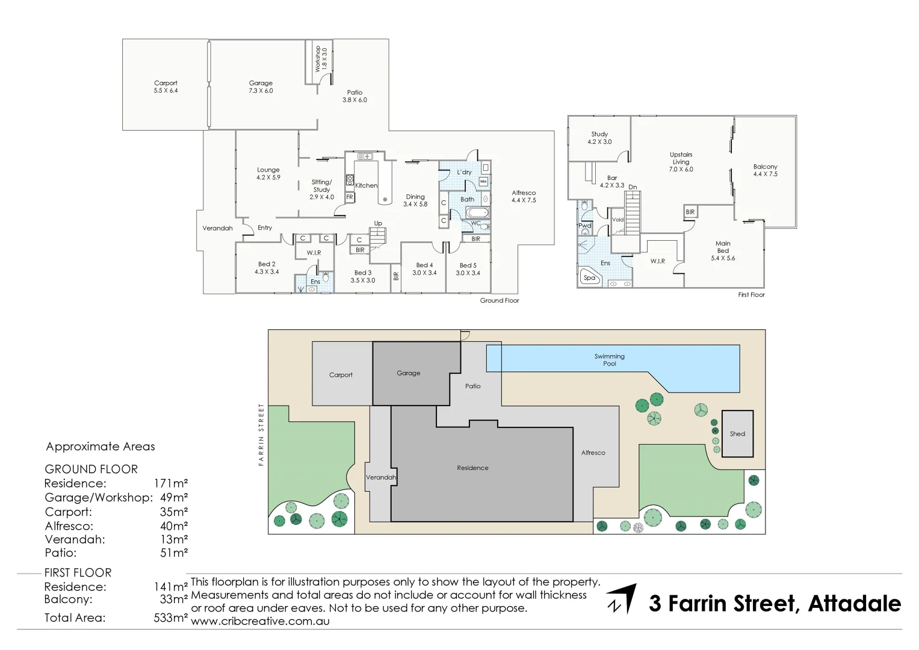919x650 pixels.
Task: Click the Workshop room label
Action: (318, 59)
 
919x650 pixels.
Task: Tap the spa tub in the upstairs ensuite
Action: (590, 277)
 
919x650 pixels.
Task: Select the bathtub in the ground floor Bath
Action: (477, 212)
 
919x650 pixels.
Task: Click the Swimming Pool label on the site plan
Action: (609, 360)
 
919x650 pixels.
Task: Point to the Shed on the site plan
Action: (737, 434)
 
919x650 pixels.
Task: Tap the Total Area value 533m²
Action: (171, 617)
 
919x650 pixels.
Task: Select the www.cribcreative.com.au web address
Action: (260, 621)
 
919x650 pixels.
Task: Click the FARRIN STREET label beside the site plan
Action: (261, 435)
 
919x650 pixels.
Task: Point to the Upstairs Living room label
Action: (681, 158)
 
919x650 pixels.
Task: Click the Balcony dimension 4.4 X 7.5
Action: (765, 174)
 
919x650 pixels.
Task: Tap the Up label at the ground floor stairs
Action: (378, 223)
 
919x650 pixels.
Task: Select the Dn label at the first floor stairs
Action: (633, 187)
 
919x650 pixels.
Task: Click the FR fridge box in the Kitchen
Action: (350, 197)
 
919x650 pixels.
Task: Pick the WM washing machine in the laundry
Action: (483, 181)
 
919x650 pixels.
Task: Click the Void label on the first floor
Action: (617, 220)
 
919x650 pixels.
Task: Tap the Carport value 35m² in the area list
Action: (174, 512)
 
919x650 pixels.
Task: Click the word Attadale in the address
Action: (854, 603)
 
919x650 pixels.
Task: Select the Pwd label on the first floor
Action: (584, 226)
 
